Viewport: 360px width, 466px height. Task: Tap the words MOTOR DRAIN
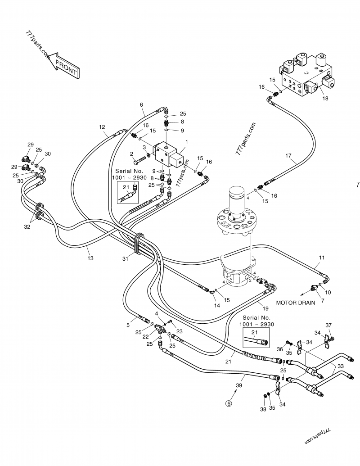point(296,303)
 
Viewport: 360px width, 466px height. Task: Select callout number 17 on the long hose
point(288,156)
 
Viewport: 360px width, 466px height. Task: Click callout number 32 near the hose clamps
point(27,227)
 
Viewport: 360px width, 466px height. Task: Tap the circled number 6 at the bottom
point(229,404)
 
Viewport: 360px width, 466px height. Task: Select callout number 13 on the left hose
point(90,258)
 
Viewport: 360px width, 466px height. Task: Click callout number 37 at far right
point(328,326)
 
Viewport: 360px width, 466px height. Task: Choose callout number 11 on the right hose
point(322,258)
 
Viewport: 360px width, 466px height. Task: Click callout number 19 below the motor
point(265,308)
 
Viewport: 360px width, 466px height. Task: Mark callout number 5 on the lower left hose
point(128,326)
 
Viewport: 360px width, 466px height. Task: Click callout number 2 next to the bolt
point(132,154)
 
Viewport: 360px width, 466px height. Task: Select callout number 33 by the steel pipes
point(340,366)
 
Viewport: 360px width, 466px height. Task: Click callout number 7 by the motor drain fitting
point(323,299)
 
